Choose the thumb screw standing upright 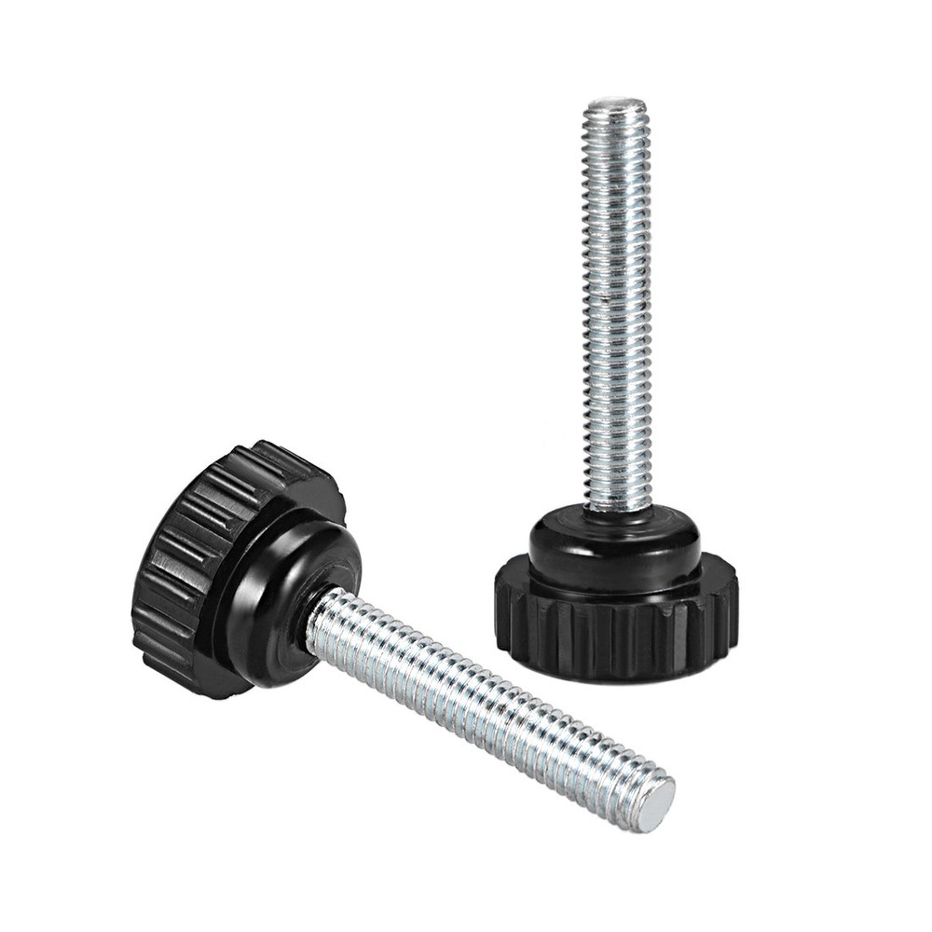click(x=616, y=419)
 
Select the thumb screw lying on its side click(x=373, y=634)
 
